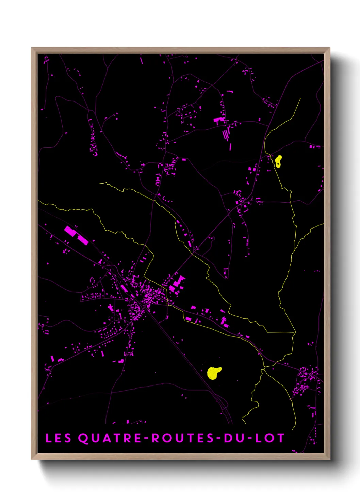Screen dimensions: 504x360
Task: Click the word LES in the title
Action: [58, 438]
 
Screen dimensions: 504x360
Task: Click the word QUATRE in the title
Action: [110, 438]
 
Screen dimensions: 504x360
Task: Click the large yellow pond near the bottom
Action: [214, 373]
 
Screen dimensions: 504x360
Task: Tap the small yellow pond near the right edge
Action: [278, 161]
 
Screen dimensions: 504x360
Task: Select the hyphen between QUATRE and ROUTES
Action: [146, 438]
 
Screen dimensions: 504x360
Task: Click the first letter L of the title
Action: [48, 438]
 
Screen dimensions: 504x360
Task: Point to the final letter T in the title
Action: [281, 438]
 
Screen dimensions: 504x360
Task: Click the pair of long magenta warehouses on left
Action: [77, 235]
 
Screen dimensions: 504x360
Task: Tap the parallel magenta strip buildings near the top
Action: [226, 133]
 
